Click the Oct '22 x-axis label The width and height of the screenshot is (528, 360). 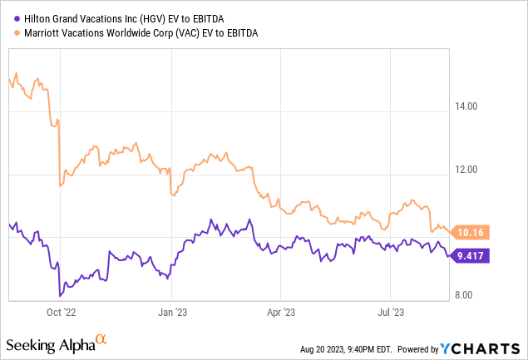click(x=61, y=313)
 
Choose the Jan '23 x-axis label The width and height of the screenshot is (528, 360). click(x=171, y=313)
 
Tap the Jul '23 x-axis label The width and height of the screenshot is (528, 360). click(x=390, y=313)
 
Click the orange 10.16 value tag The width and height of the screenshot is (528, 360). click(x=471, y=232)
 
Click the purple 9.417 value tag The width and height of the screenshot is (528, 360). click(x=471, y=255)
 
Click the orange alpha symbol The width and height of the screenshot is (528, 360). click(x=101, y=339)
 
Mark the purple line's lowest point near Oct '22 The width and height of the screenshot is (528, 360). click(x=59, y=295)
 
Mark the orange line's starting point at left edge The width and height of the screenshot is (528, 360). click(x=8, y=78)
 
